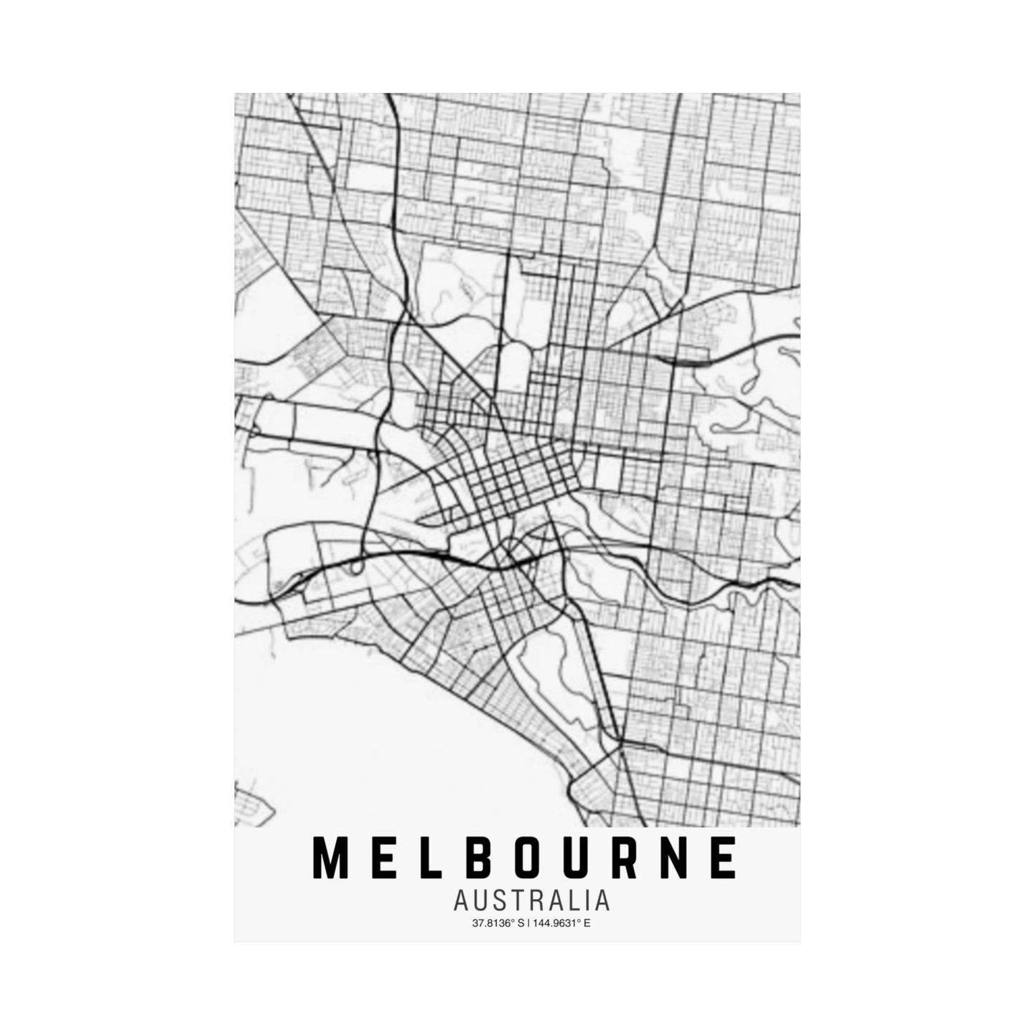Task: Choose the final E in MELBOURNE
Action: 725,857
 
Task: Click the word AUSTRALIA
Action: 531,900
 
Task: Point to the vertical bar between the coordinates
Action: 529,923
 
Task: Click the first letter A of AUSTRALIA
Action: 461,900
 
